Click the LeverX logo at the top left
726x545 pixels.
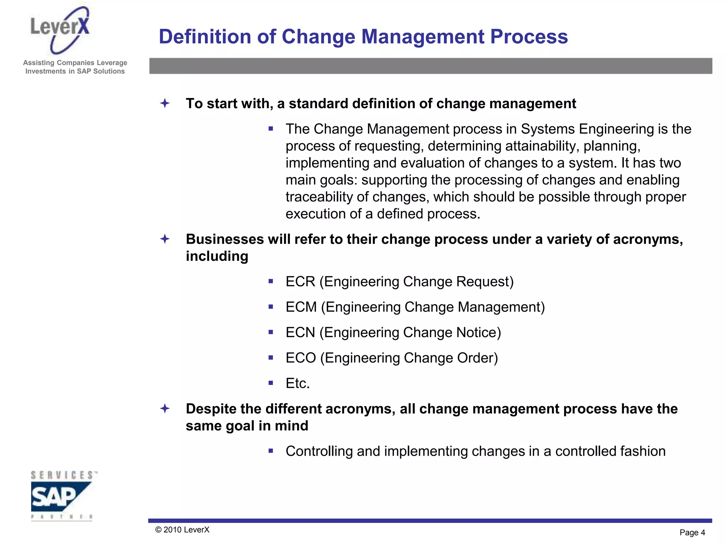click(60, 30)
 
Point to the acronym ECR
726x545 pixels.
click(300, 282)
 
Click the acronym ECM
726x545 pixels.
click(301, 307)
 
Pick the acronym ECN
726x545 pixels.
click(300, 333)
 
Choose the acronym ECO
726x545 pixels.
click(301, 358)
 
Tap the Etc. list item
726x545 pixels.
click(298, 384)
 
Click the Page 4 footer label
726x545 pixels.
click(692, 533)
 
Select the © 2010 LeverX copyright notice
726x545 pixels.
click(182, 530)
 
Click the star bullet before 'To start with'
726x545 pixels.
click(165, 104)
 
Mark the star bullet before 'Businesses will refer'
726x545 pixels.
click(165, 239)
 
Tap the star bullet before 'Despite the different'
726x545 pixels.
click(165, 409)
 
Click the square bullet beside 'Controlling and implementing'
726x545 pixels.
click(271, 451)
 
